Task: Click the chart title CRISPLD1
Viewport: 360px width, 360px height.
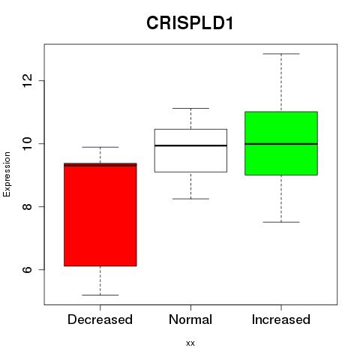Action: pos(190,23)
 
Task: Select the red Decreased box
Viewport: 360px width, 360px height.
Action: pos(100,214)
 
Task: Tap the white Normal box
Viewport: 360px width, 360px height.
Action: pos(190,151)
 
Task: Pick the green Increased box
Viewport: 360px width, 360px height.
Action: pos(281,143)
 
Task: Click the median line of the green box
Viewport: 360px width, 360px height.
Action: pos(281,144)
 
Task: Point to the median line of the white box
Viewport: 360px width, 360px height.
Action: pos(190,145)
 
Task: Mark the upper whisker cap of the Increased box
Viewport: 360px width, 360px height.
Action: pos(281,54)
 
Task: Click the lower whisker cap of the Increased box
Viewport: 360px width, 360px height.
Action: pos(281,222)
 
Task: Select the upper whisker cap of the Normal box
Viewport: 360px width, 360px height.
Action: pos(190,108)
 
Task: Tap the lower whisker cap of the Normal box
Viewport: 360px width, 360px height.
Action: pos(190,199)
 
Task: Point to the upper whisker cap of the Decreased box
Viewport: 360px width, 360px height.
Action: pos(100,147)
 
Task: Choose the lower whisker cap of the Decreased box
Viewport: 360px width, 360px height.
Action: pos(100,295)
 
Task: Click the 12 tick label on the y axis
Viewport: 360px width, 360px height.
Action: pos(27,80)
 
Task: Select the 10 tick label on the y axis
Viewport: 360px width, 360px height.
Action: pos(27,143)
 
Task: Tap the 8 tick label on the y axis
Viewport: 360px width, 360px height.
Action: pos(27,206)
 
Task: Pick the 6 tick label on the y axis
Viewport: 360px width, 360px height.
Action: pos(27,269)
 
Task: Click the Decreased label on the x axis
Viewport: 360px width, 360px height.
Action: pos(100,319)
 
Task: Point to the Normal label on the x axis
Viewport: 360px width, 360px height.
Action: pos(190,319)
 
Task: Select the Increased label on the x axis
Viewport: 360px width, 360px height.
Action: pos(281,319)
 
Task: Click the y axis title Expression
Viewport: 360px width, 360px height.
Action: pos(7,174)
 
